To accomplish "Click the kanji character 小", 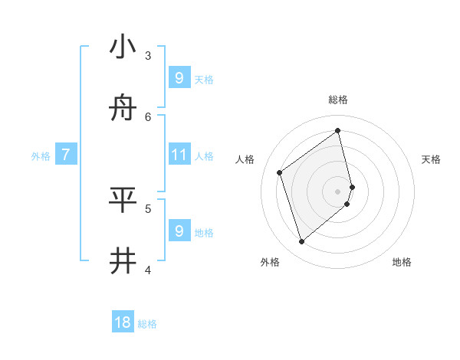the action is pyautogui.click(x=123, y=47).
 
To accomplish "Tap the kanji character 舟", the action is pyautogui.click(x=123, y=109).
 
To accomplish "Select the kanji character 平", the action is pyautogui.click(x=123, y=200).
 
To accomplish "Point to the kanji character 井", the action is pyautogui.click(x=123, y=261).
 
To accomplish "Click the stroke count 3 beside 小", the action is pyautogui.click(x=148, y=55).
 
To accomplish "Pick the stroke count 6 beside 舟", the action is pyautogui.click(x=148, y=116).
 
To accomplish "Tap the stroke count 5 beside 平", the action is pyautogui.click(x=148, y=208).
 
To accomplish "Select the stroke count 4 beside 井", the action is pyautogui.click(x=148, y=269).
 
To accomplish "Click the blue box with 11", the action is pyautogui.click(x=179, y=155).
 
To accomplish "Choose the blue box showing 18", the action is pyautogui.click(x=123, y=322).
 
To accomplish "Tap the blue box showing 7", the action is pyautogui.click(x=66, y=155).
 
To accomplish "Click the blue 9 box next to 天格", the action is pyautogui.click(x=179, y=77).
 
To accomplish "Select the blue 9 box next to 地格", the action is pyautogui.click(x=179, y=231).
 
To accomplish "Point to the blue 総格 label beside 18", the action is pyautogui.click(x=147, y=324).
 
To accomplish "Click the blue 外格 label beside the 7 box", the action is pyautogui.click(x=41, y=156).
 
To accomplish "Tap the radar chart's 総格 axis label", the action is pyautogui.click(x=338, y=100).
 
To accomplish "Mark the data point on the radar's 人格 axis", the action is pyautogui.click(x=280, y=173).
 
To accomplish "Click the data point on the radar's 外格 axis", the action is pyautogui.click(x=301, y=242).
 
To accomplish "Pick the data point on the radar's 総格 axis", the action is pyautogui.click(x=338, y=131).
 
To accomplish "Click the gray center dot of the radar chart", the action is pyautogui.click(x=338, y=191).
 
